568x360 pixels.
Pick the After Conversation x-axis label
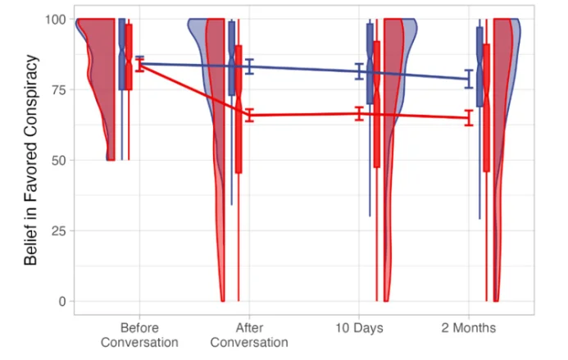click(249, 335)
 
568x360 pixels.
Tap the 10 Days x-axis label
click(359, 328)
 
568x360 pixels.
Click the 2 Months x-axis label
click(468, 328)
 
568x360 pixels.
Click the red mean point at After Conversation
click(249, 116)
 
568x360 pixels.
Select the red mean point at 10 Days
click(359, 113)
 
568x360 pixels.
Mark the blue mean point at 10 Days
click(359, 71)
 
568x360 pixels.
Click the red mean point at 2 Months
click(468, 118)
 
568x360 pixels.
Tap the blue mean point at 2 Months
click(468, 79)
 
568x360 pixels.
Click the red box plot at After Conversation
click(239, 108)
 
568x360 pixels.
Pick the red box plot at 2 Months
click(486, 107)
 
